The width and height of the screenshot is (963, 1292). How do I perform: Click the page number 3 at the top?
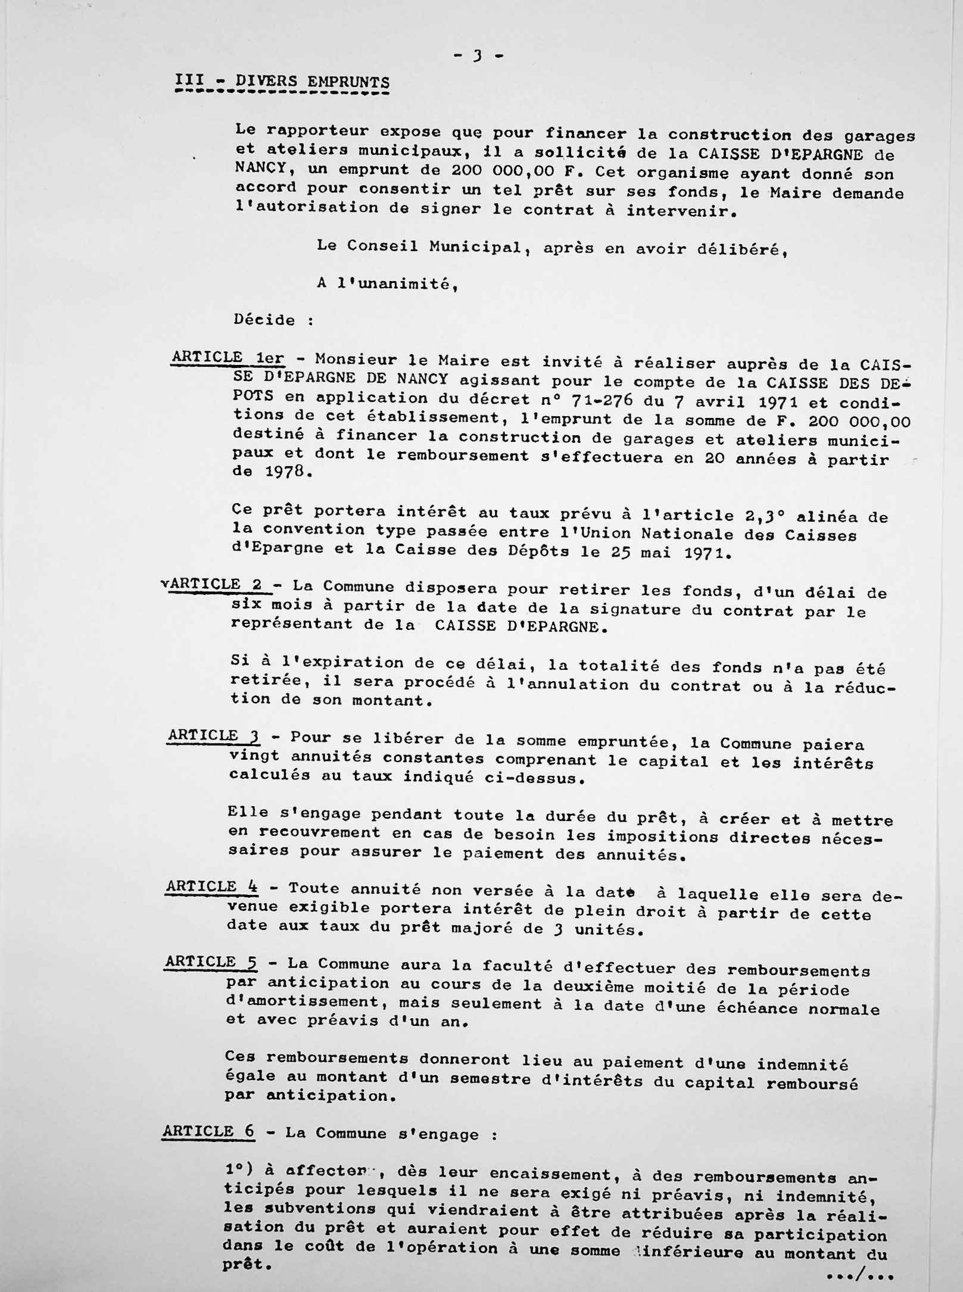(x=478, y=57)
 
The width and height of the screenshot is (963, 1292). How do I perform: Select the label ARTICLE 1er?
(x=227, y=357)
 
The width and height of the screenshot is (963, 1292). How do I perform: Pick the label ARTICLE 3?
(x=214, y=735)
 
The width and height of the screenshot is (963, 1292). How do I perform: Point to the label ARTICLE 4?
(x=212, y=887)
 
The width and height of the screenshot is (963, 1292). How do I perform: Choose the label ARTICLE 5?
(x=211, y=962)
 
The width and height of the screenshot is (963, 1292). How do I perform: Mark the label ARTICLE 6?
(x=208, y=1131)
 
